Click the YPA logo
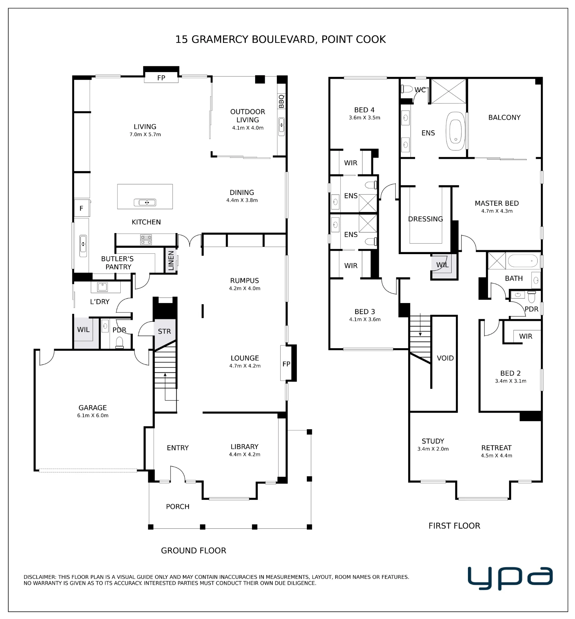coord(510,578)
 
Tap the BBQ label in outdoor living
coord(281,101)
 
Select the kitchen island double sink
coord(145,202)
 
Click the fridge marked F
coord(82,208)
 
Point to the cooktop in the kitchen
coord(146,240)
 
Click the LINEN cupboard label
coord(171,261)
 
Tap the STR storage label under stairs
coord(164,331)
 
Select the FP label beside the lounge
coord(286,364)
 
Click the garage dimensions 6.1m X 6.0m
coord(93,415)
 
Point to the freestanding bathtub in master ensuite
coord(456,131)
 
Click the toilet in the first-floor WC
coord(407,89)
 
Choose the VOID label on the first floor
coord(445,358)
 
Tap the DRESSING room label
coord(425,219)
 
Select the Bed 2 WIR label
coord(526,336)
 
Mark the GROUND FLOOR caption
coord(194,551)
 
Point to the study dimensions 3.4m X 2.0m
coord(433,449)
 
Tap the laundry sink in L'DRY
coord(102,287)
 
